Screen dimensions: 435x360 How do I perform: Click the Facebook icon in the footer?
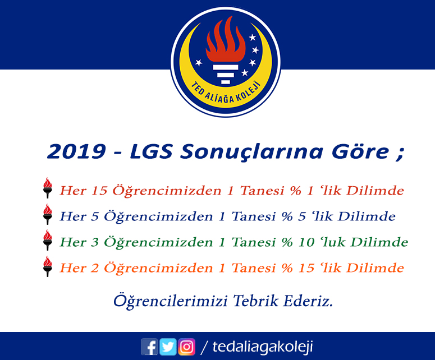149,347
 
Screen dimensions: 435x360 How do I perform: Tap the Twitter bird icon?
168,347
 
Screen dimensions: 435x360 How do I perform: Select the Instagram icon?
186,347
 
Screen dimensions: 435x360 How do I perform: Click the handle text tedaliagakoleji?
263,347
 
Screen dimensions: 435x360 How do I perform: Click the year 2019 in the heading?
76,151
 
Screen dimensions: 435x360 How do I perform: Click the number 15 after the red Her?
99,191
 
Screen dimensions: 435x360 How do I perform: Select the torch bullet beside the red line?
48,188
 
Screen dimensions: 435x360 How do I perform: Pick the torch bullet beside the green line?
48,240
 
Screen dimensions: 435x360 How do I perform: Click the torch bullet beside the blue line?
48,214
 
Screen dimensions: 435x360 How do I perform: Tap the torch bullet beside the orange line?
48,266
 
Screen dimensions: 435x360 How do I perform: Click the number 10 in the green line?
306,242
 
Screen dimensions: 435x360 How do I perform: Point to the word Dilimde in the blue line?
367,216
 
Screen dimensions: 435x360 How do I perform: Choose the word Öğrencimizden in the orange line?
158,268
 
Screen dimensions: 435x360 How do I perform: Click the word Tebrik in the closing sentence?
255,301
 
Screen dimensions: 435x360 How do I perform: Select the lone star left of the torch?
199,63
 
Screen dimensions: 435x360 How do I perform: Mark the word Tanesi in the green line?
254,242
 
